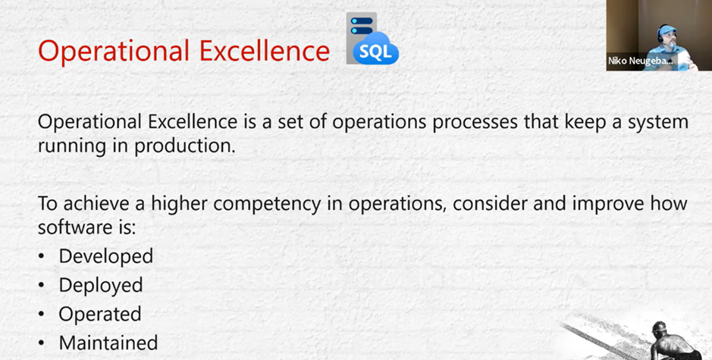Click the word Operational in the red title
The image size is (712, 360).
(x=114, y=51)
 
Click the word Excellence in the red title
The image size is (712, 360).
(x=265, y=50)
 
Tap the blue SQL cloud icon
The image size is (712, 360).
(x=375, y=49)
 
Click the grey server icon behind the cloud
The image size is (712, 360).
(x=360, y=36)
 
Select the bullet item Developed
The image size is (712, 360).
(x=106, y=256)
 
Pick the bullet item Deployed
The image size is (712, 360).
(x=101, y=285)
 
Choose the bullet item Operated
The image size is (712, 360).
(x=100, y=315)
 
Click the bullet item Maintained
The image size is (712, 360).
(x=108, y=343)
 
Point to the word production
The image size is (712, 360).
(x=184, y=146)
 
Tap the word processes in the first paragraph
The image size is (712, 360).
(x=475, y=123)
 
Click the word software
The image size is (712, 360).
(x=67, y=227)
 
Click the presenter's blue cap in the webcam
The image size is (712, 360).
(x=667, y=30)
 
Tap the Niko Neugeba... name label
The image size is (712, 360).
(x=640, y=61)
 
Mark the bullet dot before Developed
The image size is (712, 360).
(x=42, y=256)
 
